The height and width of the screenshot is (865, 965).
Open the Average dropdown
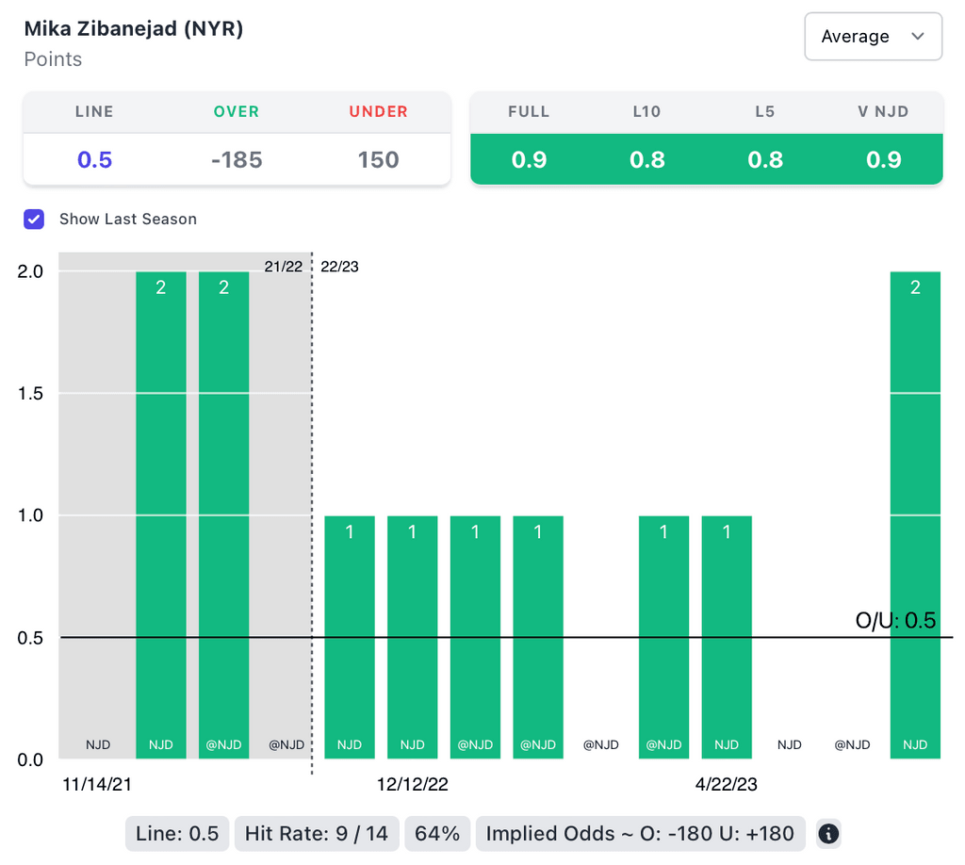pos(873,37)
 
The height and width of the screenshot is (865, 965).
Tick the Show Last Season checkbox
pos(34,220)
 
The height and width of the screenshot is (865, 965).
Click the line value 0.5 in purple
pos(94,160)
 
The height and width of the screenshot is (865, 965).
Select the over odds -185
pos(237,160)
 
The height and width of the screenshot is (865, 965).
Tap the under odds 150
pos(378,160)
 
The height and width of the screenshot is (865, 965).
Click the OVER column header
pos(237,111)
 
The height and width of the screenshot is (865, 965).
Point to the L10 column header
pos(647,111)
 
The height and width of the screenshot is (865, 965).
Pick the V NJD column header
pos(883,111)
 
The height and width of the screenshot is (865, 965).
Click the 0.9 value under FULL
pos(529,160)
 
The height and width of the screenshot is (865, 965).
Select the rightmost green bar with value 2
pos(915,514)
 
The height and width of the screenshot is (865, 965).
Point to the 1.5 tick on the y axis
pos(31,393)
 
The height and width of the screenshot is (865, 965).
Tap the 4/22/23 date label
pos(727,784)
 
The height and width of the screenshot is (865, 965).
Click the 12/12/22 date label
pos(413,784)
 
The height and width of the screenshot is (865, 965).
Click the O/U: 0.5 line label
pos(895,621)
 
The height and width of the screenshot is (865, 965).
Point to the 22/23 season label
pos(339,267)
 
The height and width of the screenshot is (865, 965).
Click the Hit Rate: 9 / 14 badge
pos(317,833)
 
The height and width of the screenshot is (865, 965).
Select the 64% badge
pos(437,833)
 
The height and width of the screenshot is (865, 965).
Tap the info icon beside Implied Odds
pos(828,833)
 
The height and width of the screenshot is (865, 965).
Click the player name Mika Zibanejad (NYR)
pos(134,29)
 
